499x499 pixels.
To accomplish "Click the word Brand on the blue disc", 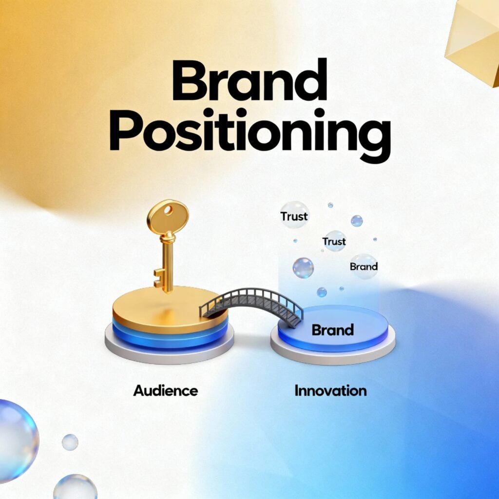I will click(332, 330).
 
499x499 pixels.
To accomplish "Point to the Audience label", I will click(166, 390).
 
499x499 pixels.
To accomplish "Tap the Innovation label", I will click(330, 390).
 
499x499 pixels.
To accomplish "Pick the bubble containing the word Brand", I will click(364, 266).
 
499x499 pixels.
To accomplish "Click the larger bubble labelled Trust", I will click(294, 215).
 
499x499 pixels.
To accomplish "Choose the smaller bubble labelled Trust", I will click(335, 241).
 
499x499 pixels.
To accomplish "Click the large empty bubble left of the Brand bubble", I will click(303, 268).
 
